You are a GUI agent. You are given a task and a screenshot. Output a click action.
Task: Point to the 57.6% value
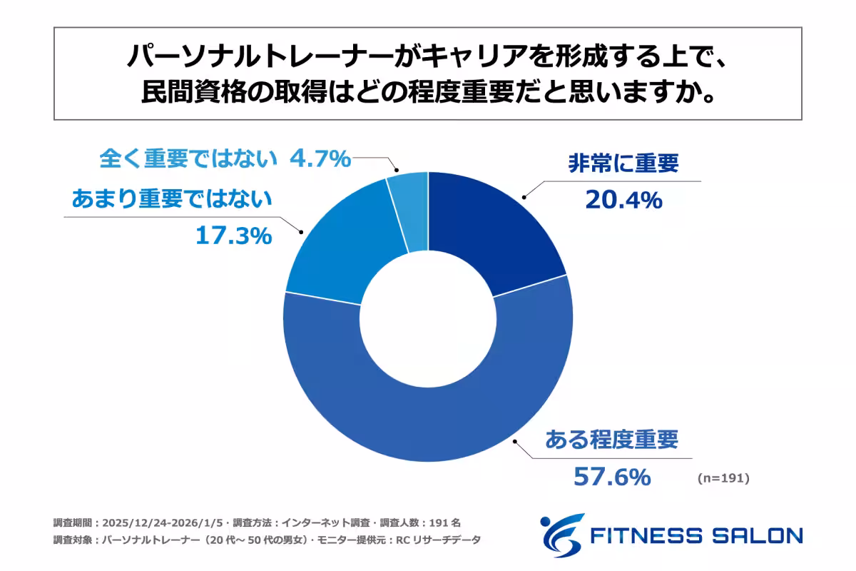(x=612, y=476)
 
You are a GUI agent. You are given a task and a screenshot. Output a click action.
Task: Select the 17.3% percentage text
(x=233, y=236)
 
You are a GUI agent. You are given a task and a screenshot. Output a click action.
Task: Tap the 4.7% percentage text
(x=320, y=158)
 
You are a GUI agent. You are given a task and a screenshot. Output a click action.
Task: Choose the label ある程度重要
(x=611, y=440)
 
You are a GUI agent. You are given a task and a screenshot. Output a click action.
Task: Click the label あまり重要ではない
(x=172, y=200)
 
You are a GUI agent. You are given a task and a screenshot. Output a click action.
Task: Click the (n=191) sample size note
(x=723, y=479)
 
